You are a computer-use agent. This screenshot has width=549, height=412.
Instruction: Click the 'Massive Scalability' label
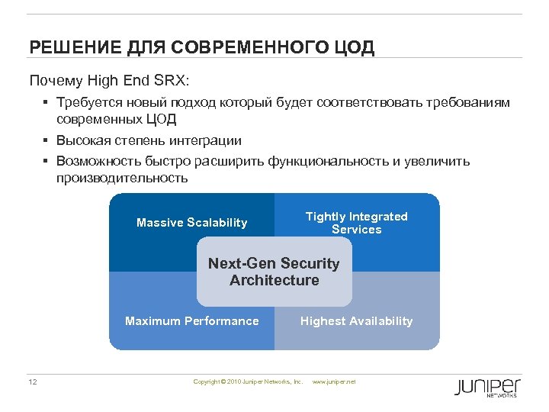click(x=191, y=223)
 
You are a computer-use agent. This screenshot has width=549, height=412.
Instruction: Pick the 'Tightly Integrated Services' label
click(x=356, y=223)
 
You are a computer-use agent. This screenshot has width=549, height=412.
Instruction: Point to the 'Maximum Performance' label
click(x=191, y=321)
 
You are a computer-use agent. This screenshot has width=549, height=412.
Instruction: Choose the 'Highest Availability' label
click(x=356, y=321)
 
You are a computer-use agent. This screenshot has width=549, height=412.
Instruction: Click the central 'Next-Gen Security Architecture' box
click(x=274, y=272)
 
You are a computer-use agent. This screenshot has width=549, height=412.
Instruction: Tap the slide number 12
click(x=33, y=381)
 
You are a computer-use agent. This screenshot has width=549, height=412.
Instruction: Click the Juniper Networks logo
click(x=487, y=387)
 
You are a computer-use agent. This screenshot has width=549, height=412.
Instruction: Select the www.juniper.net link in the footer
click(x=334, y=381)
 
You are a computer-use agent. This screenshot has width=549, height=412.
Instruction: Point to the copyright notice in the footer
click(x=248, y=381)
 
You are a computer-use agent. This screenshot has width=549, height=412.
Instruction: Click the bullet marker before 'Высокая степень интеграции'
click(x=47, y=141)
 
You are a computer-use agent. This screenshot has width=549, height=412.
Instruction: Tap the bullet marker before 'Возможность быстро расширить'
click(x=47, y=162)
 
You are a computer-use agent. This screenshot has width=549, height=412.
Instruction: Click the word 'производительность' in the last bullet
click(x=121, y=179)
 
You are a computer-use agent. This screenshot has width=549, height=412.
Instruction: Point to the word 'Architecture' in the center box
click(x=274, y=281)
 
